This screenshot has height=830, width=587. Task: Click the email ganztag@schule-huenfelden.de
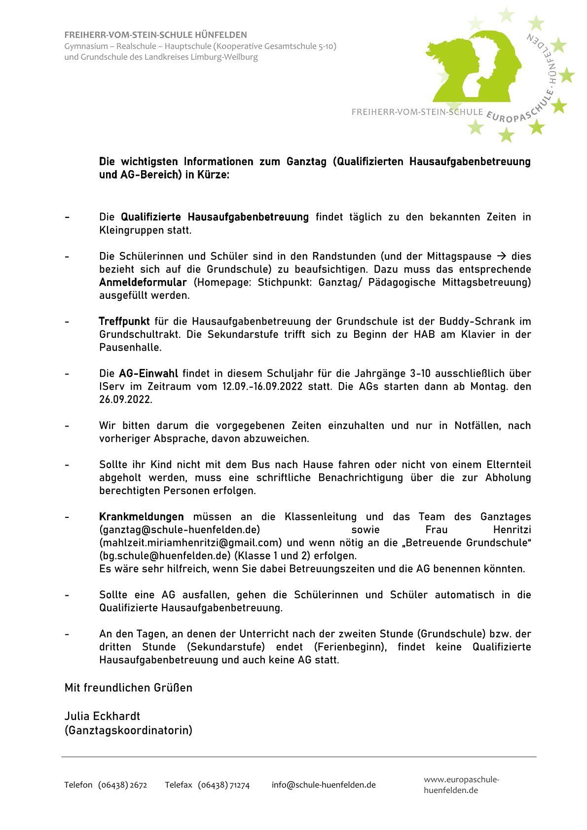pyautogui.click(x=180, y=530)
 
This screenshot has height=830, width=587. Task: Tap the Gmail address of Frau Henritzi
pyautogui.click(x=190, y=542)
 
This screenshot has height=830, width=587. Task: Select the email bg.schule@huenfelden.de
pyautogui.click(x=165, y=556)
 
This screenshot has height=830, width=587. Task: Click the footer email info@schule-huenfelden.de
pyautogui.click(x=324, y=785)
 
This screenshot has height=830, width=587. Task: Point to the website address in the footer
pyautogui.click(x=461, y=785)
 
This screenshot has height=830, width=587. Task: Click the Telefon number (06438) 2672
pyautogui.click(x=122, y=785)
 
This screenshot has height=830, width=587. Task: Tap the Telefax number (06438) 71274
pyautogui.click(x=223, y=785)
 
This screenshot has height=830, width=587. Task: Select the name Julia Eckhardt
pyautogui.click(x=102, y=716)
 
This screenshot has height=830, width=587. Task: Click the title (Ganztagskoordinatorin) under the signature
pyautogui.click(x=128, y=730)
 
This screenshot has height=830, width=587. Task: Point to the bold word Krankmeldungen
pyautogui.click(x=141, y=517)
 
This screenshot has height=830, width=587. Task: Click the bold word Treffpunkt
pyautogui.click(x=124, y=322)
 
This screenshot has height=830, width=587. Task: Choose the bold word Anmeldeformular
pyautogui.click(x=143, y=283)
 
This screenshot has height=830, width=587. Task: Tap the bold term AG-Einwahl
pyautogui.click(x=148, y=373)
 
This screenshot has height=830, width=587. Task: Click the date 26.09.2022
pyautogui.click(x=126, y=399)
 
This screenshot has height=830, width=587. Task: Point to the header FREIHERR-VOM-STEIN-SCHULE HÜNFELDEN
pyautogui.click(x=155, y=35)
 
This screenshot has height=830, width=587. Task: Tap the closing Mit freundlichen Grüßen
pyautogui.click(x=128, y=687)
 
